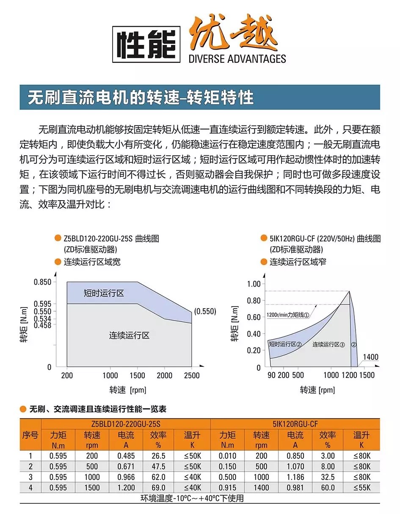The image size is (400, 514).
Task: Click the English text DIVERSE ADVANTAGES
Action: [x=237, y=58]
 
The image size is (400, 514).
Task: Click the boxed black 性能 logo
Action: [x=146, y=44]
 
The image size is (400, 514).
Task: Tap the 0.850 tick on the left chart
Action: [x=43, y=282]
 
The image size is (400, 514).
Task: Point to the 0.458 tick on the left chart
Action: [x=43, y=325]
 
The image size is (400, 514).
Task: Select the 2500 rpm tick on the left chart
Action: [x=192, y=375]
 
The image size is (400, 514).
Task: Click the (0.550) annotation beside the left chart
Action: [x=205, y=311]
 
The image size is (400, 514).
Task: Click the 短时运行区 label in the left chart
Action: [x=104, y=293]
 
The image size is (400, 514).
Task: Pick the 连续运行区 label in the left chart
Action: [x=129, y=335]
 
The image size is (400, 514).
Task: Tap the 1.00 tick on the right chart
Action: [x=254, y=284]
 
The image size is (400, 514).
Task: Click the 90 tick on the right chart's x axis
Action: [x=271, y=375]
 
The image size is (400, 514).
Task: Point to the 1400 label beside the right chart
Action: [x=370, y=358]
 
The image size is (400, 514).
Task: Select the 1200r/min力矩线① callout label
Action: [x=288, y=315]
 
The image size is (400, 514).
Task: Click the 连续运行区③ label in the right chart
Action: [x=329, y=344]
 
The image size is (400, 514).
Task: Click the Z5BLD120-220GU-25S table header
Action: [x=126, y=424]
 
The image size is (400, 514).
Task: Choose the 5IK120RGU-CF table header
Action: [x=295, y=424]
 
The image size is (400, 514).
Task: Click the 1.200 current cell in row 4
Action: [x=126, y=488]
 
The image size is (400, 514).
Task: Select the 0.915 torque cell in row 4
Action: [x=227, y=488]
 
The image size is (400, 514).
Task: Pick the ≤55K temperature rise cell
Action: [x=361, y=488]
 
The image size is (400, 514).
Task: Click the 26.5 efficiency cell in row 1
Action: [x=158, y=456]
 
